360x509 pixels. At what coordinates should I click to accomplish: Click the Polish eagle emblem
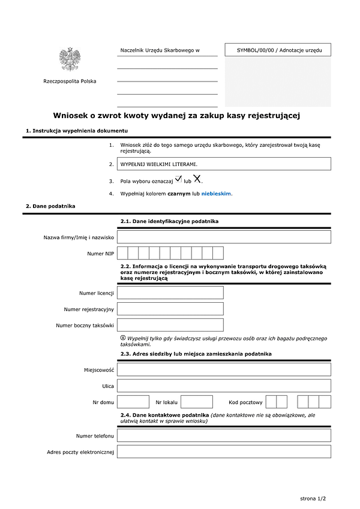click(70, 59)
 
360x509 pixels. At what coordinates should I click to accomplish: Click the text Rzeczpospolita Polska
click(70, 82)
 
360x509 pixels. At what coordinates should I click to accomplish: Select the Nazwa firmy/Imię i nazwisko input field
click(224, 237)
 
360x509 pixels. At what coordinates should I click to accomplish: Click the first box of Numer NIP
click(122, 253)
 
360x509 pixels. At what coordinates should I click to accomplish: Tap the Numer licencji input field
click(170, 293)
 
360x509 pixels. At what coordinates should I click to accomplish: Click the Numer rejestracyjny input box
click(170, 309)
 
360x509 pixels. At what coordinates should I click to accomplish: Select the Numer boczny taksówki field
click(170, 325)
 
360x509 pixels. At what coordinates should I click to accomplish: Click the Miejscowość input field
click(224, 369)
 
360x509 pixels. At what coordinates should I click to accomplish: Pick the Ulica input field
click(224, 385)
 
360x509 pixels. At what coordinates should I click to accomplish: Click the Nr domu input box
click(133, 402)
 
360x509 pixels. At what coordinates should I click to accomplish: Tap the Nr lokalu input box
click(197, 402)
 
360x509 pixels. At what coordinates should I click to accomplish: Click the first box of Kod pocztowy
click(271, 402)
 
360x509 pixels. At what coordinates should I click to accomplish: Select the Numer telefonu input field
click(224, 435)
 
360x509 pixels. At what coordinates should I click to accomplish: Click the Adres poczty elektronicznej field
click(224, 451)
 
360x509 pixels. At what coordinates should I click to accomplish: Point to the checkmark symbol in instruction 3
click(178, 179)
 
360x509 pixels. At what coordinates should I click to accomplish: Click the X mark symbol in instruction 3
click(197, 179)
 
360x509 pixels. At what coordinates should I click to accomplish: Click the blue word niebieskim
click(216, 194)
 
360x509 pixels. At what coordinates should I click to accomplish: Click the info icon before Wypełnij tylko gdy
click(123, 338)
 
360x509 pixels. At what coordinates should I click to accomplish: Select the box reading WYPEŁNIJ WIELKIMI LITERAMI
click(224, 164)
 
